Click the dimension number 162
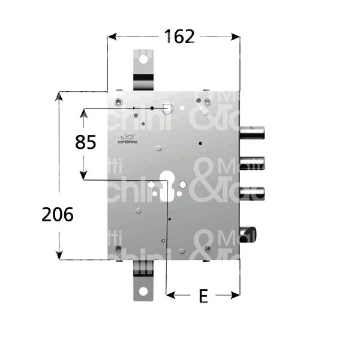click(x=179, y=37)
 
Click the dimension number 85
click(x=85, y=142)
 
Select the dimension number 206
click(x=58, y=214)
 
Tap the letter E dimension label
click(x=203, y=296)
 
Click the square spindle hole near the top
click(x=167, y=108)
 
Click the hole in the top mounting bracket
click(x=143, y=61)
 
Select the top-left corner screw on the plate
click(x=118, y=100)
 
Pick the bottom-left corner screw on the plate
click(x=118, y=248)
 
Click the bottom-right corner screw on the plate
click(x=208, y=248)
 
